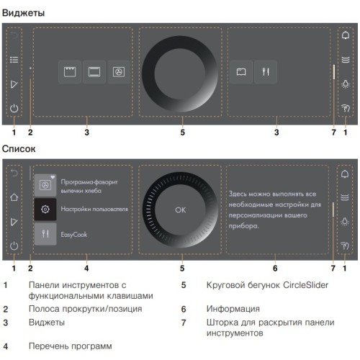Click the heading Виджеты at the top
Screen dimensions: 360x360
[23, 14]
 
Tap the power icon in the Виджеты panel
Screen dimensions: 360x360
[14, 109]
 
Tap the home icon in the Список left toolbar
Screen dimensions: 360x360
[14, 197]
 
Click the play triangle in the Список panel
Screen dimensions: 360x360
[14, 222]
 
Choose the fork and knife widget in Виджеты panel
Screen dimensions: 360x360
[266, 72]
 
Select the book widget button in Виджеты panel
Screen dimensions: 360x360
[242, 72]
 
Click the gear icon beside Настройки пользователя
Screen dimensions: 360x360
[45, 209]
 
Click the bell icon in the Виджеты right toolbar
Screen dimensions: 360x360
[346, 35]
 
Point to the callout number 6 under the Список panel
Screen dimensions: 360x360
[277, 268]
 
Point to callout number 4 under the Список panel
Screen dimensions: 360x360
[86, 268]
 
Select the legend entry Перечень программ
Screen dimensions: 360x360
[70, 346]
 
